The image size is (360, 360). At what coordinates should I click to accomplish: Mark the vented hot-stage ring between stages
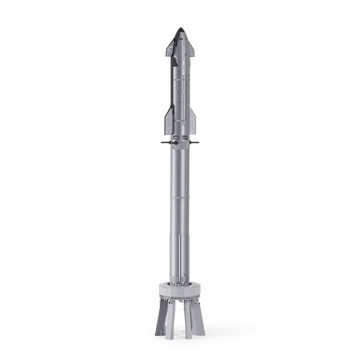[x=180, y=138]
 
